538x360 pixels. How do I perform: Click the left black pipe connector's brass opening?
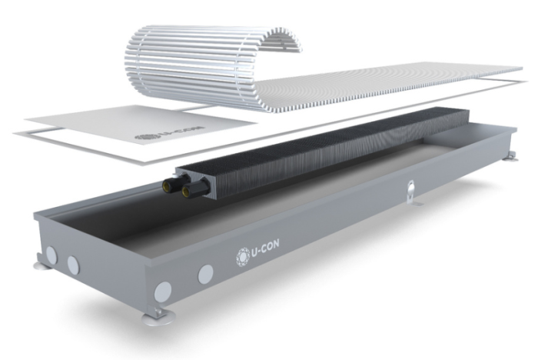pyautogui.click(x=168, y=187)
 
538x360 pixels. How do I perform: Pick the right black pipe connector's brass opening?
pyautogui.click(x=188, y=194)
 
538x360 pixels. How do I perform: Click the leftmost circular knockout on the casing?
pyautogui.click(x=51, y=255)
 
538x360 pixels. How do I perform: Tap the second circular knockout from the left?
pyautogui.click(x=73, y=264)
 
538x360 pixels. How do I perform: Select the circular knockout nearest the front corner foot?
pyautogui.click(x=163, y=292)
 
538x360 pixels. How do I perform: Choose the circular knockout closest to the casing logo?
pyautogui.click(x=205, y=273)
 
